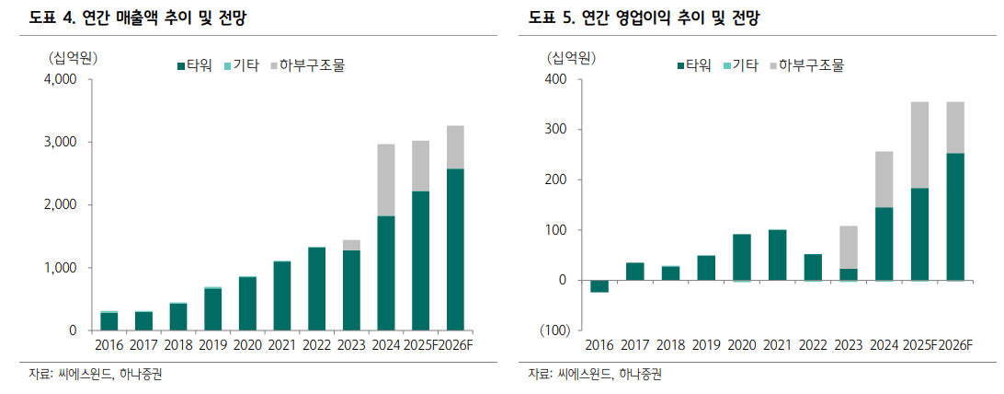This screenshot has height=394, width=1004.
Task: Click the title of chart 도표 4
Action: [x=138, y=17]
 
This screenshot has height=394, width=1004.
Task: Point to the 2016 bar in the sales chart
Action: [x=109, y=320]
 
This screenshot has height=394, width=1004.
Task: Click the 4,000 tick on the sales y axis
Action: [x=61, y=79]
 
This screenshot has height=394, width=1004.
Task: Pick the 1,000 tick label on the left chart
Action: [x=61, y=268]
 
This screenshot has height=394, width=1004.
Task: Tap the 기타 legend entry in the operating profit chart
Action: [x=740, y=65]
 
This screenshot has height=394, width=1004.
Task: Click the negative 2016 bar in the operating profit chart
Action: [x=599, y=286]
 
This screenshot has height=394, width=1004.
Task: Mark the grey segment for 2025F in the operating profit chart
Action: [x=919, y=145]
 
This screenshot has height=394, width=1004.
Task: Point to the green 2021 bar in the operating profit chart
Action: [x=777, y=255]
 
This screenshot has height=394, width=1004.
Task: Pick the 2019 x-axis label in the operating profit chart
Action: [x=706, y=345]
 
